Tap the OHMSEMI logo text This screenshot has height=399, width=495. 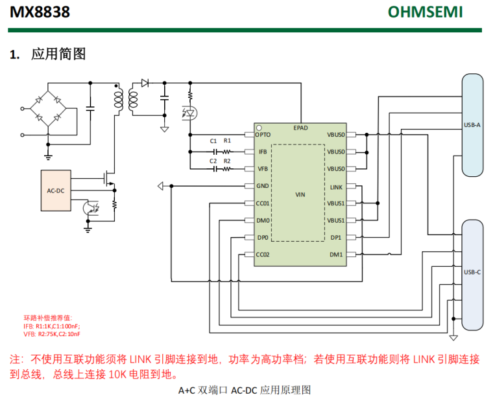click(425, 12)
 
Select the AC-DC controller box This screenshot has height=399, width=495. click(56, 190)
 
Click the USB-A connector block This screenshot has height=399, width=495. click(472, 125)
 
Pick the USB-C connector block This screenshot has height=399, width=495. click(472, 273)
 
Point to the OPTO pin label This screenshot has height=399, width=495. click(263, 135)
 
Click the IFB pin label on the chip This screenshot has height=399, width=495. click(263, 152)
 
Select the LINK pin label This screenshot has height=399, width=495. click(336, 187)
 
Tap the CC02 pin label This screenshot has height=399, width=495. click(263, 254)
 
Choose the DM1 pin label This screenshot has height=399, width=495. click(336, 254)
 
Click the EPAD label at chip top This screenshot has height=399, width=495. click(300, 128)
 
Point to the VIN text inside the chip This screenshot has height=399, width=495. click(300, 194)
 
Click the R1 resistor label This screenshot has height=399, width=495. click(227, 141)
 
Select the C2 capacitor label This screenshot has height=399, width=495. click(213, 161)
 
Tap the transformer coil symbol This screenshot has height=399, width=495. click(126, 100)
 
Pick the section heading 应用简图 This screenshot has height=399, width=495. click(58, 54)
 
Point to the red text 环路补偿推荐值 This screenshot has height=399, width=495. click(48, 318)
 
